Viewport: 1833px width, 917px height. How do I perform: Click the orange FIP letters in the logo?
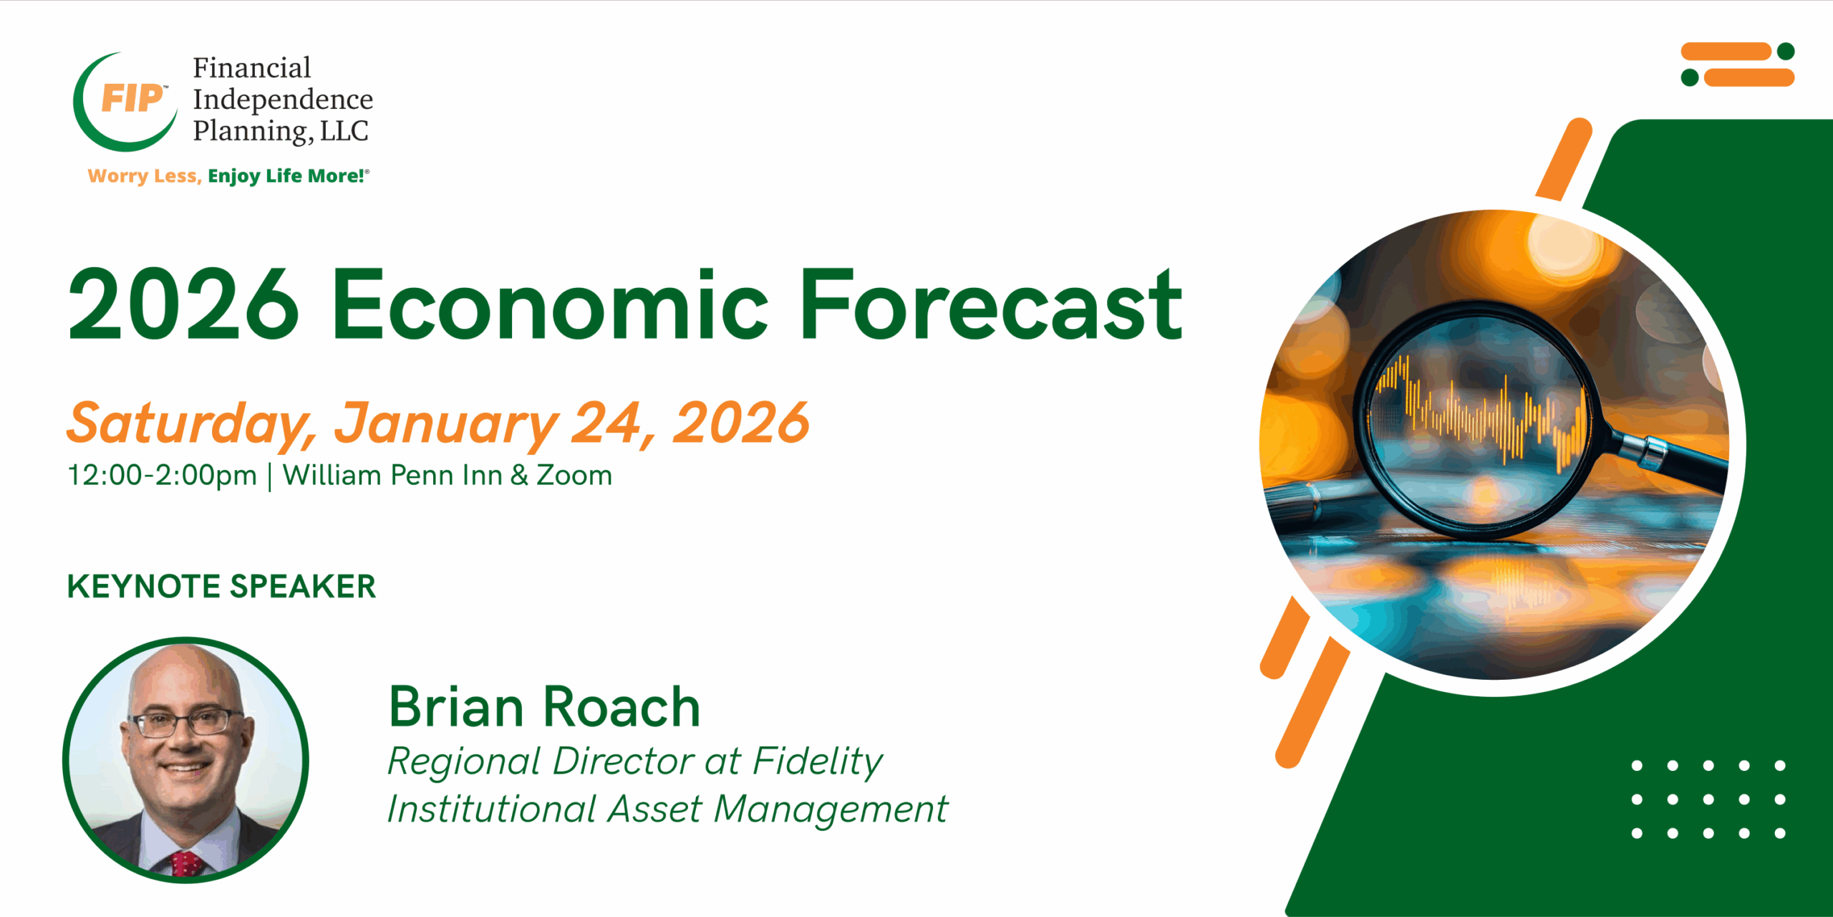(132, 98)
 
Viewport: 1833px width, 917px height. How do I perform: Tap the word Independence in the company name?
(283, 99)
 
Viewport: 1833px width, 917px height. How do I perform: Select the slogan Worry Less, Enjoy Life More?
(228, 176)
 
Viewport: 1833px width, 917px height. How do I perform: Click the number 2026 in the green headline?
(183, 304)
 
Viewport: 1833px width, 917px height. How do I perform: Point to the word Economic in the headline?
(549, 304)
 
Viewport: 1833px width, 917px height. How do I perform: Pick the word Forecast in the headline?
(990, 304)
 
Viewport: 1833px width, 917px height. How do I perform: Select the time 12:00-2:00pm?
(162, 476)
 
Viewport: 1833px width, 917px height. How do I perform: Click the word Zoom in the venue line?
(574, 476)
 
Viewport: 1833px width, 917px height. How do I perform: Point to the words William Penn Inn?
(392, 476)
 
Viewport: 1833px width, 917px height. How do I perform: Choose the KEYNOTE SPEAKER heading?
(221, 586)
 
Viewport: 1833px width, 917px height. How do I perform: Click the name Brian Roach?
(544, 707)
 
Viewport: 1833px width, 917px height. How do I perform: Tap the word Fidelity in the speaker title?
(818, 762)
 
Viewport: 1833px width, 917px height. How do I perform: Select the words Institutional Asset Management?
(667, 810)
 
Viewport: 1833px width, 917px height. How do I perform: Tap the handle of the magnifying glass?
(1668, 458)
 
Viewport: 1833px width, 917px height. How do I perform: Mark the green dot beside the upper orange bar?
(1786, 52)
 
